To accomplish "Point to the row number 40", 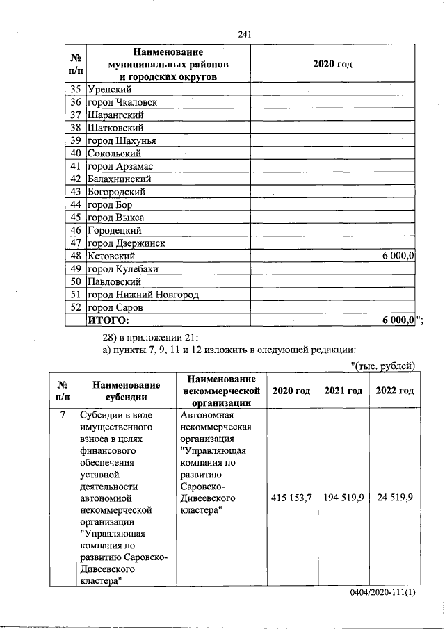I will [x=76, y=153].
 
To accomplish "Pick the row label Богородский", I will [x=117, y=192].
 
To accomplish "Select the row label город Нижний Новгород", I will [x=143, y=295].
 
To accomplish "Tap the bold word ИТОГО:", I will [x=108, y=320].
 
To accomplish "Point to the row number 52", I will [x=76, y=307].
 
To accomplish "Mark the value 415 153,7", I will [x=291, y=499].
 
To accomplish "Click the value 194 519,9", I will [x=343, y=499].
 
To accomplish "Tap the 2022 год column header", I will [x=395, y=391].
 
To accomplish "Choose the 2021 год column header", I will [x=343, y=391].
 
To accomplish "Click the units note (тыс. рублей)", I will [x=383, y=366].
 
